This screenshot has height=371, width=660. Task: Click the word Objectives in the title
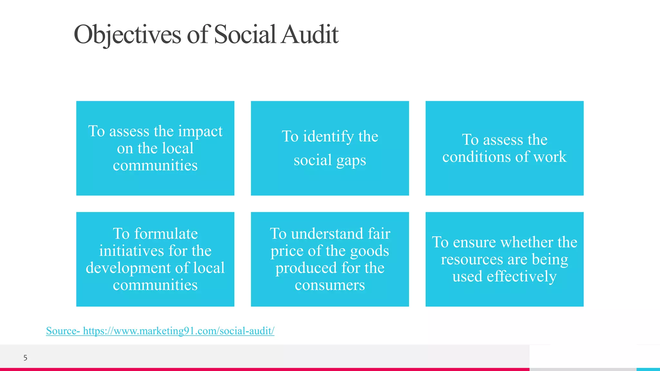click(128, 34)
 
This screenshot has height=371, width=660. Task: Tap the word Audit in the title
click(309, 34)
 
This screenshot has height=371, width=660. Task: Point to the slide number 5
click(25, 358)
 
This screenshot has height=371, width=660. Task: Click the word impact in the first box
click(200, 131)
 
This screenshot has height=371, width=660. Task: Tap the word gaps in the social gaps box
click(351, 160)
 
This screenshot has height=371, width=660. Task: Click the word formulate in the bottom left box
click(166, 233)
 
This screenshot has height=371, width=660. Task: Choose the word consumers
click(330, 285)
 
